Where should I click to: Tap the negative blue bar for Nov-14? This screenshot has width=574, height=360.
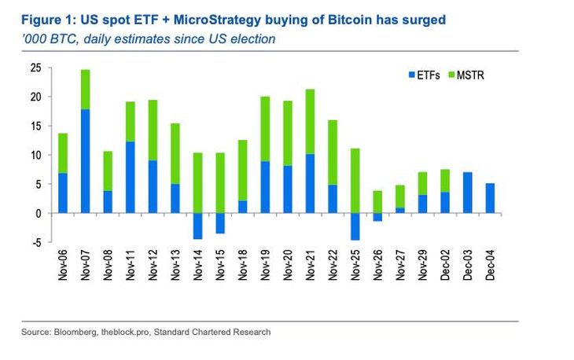pos(197,226)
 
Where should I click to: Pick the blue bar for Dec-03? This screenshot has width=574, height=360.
pos(468,193)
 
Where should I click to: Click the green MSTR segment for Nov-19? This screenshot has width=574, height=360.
pos(265,129)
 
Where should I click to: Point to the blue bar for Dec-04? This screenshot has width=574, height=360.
pos(491,198)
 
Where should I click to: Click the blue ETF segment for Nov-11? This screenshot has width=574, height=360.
pos(130,177)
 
